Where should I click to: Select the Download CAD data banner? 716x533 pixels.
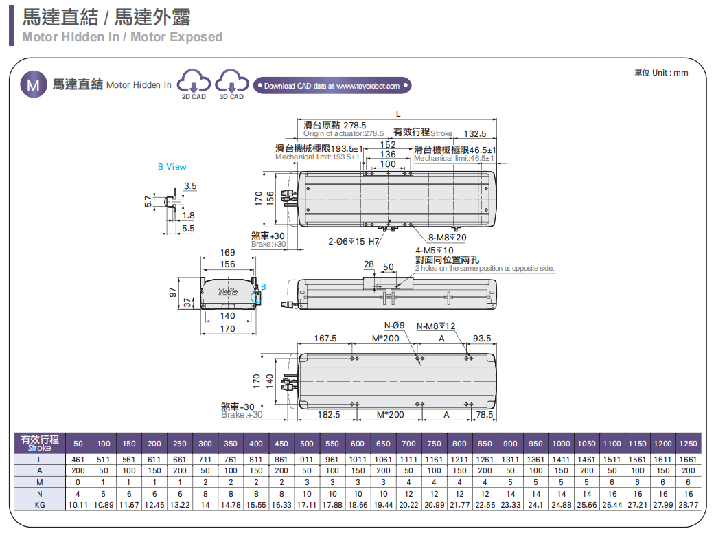pyautogui.click(x=332, y=86)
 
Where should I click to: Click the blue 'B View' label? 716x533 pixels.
pyautogui.click(x=172, y=167)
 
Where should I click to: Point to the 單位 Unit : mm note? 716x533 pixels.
pyautogui.click(x=660, y=73)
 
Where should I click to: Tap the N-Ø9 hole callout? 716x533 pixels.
pyautogui.click(x=394, y=326)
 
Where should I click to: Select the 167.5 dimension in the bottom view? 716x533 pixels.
pyautogui.click(x=325, y=338)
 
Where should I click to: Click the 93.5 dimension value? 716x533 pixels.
pyautogui.click(x=483, y=338)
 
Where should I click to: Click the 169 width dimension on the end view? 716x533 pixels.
pyautogui.click(x=227, y=253)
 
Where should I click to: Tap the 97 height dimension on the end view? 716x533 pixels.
pyautogui.click(x=173, y=291)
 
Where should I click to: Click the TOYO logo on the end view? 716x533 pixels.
pyautogui.click(x=227, y=291)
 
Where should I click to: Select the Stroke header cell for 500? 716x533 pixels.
pyautogui.click(x=307, y=444)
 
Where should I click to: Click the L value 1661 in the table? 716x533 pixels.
pyautogui.click(x=689, y=460)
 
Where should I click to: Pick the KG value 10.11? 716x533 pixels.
pyautogui.click(x=78, y=505)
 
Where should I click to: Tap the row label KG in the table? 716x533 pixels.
pyautogui.click(x=40, y=505)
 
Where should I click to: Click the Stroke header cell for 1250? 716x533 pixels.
pyautogui.click(x=689, y=444)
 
